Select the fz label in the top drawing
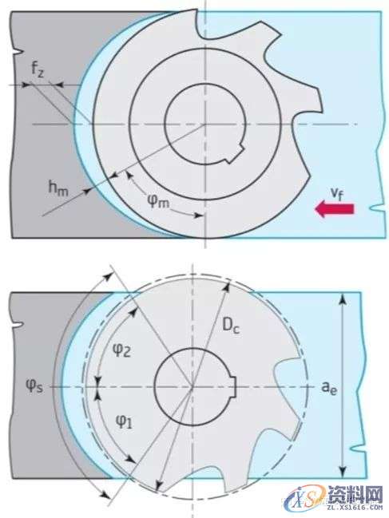[x=38, y=69]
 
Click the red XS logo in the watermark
[x=308, y=498]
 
